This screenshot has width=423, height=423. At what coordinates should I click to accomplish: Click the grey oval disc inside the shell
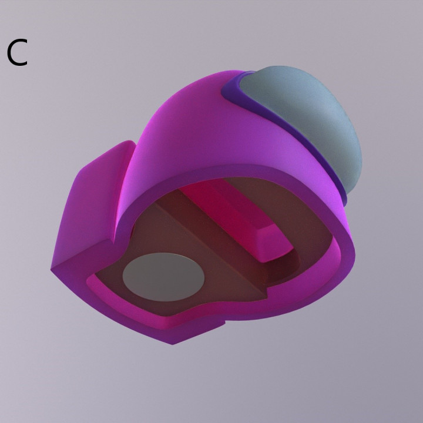[x=164, y=277]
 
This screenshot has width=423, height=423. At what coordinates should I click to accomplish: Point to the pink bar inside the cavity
[x=235, y=217]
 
